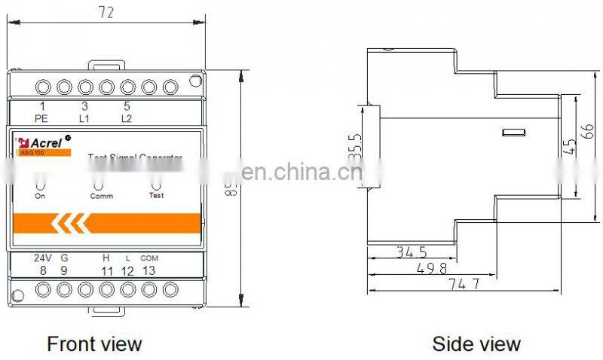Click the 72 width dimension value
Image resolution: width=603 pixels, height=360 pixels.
(106, 12)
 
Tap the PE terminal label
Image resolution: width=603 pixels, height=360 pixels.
(42, 118)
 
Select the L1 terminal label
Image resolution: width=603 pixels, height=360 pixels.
(84, 118)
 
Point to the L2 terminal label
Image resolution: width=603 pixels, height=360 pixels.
(127, 118)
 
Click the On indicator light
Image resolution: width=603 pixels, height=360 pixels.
(41, 182)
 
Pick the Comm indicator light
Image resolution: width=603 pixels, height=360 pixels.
(99, 182)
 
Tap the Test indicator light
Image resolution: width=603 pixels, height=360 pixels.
(156, 182)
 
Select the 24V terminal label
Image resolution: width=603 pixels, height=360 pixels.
(43, 258)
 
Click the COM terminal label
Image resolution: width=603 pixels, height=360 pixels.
(149, 258)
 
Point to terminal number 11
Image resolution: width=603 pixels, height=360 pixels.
(107, 270)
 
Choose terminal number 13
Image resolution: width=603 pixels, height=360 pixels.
(149, 270)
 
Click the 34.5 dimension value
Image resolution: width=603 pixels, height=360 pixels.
(412, 252)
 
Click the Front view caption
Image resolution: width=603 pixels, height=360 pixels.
(94, 343)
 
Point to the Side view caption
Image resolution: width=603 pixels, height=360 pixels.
(476, 343)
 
